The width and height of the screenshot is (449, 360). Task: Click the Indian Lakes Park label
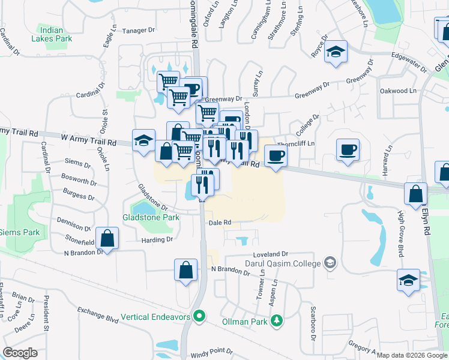pyautogui.click(x=56, y=35)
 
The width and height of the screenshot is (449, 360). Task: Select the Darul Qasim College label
pyautogui.click(x=282, y=263)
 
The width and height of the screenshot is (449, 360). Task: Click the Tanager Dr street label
pyautogui.click(x=139, y=30)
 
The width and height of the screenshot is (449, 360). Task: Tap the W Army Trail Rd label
pyautogui.click(x=88, y=139)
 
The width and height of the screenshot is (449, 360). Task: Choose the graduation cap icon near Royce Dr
pyautogui.click(x=336, y=52)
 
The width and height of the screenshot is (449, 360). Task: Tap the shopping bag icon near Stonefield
pyautogui.click(x=107, y=239)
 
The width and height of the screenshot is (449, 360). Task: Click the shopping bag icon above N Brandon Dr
pyautogui.click(x=186, y=270)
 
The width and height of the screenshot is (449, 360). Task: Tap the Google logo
pyautogui.click(x=20, y=353)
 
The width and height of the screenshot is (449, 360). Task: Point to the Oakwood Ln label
pyautogui.click(x=398, y=91)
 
